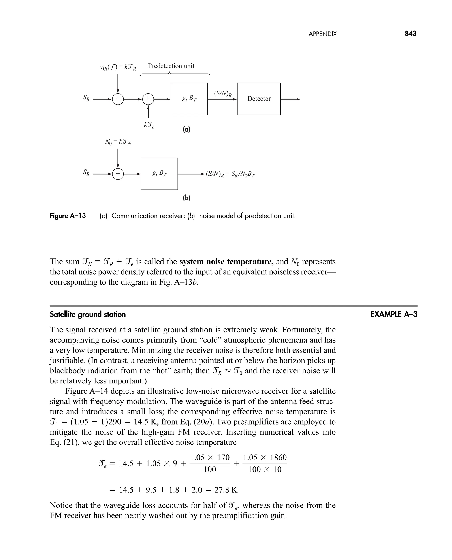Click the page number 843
[x=411, y=34]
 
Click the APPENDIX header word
[x=323, y=34]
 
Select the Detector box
[x=259, y=99]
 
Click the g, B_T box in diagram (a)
[x=189, y=99]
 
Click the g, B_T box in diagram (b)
[x=159, y=174]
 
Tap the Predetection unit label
[x=171, y=66]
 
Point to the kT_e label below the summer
[x=149, y=125]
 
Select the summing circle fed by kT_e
[x=148, y=99]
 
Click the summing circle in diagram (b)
[x=118, y=174]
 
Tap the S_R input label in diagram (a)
[x=86, y=98]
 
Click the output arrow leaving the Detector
[x=291, y=99]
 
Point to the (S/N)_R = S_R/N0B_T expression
[x=230, y=174]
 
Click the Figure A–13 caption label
[x=68, y=216]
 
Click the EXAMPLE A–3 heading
[x=394, y=314]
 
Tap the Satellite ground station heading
[x=88, y=315]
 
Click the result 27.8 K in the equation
[x=226, y=490]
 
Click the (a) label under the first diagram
[x=186, y=129]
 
